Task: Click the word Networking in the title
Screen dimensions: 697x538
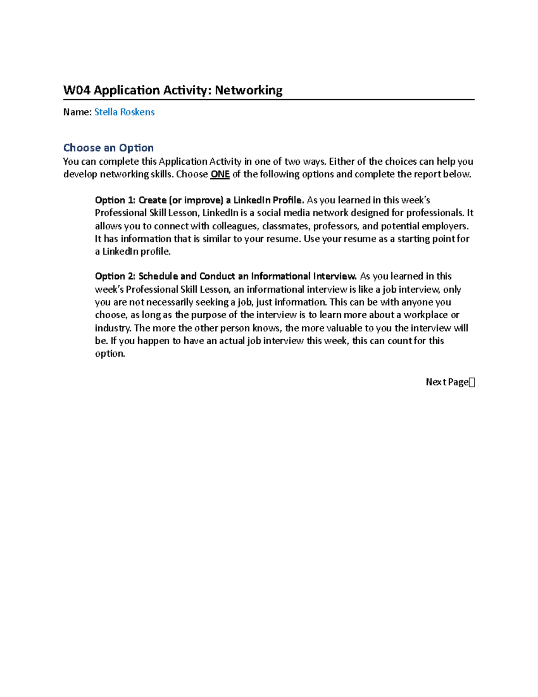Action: tap(248, 90)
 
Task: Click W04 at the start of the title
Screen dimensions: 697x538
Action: tap(77, 90)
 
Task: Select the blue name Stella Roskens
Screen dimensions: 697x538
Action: tap(124, 112)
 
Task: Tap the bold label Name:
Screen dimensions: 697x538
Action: tap(77, 112)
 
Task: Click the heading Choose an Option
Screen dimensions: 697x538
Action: tap(108, 148)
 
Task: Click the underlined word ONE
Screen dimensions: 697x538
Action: tap(220, 174)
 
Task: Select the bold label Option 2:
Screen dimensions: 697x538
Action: tap(115, 276)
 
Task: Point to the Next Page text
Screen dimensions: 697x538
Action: tap(447, 382)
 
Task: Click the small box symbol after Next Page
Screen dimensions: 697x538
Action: tap(472, 382)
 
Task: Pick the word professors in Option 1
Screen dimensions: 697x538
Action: tap(336, 226)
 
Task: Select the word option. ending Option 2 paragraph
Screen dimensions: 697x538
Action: tap(110, 354)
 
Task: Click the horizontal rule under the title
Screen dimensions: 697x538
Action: tap(269, 100)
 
